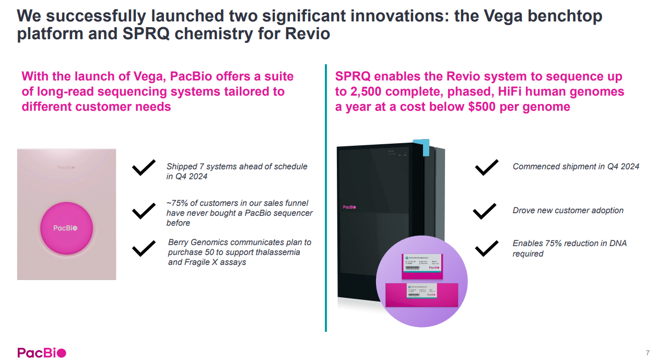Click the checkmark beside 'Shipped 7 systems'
coord(144,168)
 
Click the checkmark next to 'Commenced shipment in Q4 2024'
coord(486,167)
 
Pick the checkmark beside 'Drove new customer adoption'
coord(484,211)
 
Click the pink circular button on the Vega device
coord(66,228)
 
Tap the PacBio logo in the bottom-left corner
coord(42,353)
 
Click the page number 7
coord(648,352)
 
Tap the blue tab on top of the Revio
coord(422,148)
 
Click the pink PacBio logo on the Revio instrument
coord(349,207)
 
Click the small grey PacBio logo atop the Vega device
coord(66,168)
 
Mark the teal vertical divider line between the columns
coord(326,199)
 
